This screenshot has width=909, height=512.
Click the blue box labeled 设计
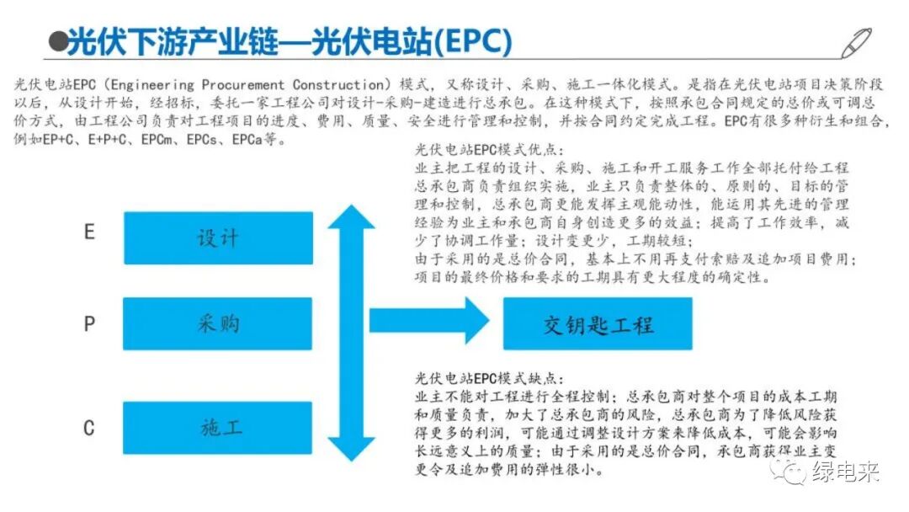coord(218,238)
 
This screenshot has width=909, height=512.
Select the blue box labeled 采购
coord(218,323)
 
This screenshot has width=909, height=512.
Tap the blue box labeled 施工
coord(218,427)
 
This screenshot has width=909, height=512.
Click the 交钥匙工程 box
coord(598,323)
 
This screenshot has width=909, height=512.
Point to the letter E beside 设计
coord(89,232)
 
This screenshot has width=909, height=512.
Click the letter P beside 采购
coord(89,324)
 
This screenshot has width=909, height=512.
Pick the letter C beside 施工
coord(89,428)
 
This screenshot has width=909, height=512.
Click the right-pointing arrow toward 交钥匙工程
coord(429,321)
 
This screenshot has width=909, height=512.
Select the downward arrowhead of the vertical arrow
coord(351,446)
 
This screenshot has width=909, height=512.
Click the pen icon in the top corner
coord(857,42)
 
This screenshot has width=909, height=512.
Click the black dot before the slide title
coord(58,42)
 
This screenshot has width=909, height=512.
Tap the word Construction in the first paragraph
coord(340,85)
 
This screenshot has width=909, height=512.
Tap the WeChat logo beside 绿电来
coord(793,472)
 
